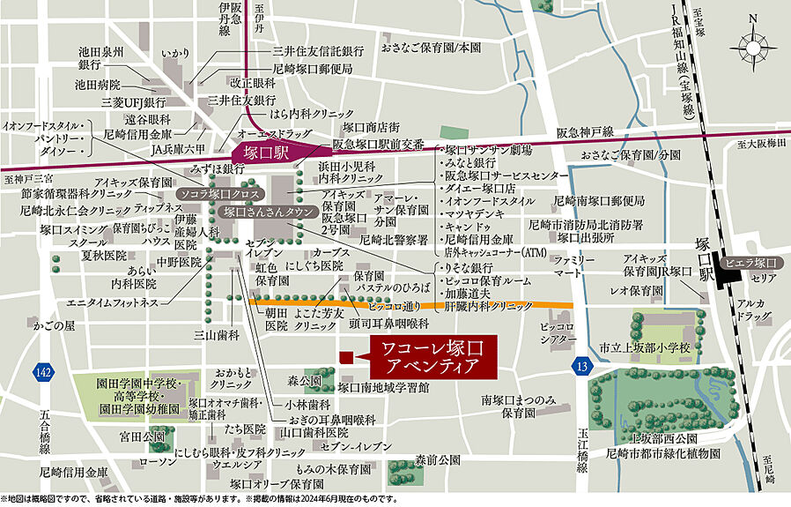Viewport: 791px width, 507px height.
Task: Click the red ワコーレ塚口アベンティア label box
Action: [432, 355]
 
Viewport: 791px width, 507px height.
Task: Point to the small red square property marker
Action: [346, 356]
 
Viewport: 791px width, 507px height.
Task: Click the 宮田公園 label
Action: [142, 436]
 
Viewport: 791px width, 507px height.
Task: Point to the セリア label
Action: [764, 278]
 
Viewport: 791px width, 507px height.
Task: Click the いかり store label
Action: [175, 55]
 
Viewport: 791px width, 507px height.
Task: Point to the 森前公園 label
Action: [438, 460]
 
